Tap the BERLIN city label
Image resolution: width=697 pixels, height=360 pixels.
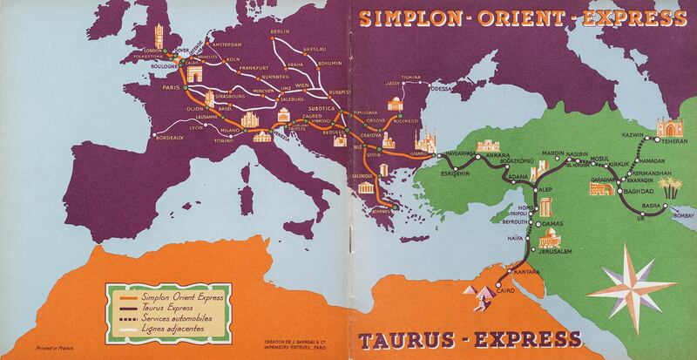pyautogui.click(x=280, y=31)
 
